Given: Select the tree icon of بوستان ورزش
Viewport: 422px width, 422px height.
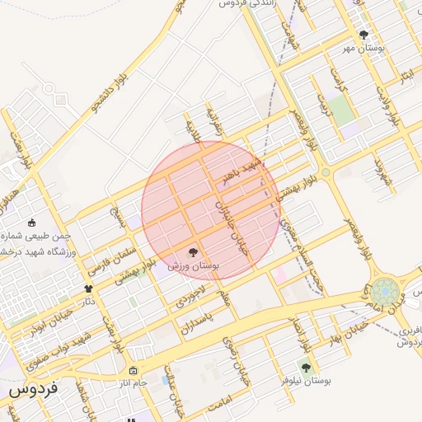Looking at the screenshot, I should (x=193, y=252).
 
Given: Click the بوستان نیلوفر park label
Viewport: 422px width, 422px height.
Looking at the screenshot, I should (x=305, y=381).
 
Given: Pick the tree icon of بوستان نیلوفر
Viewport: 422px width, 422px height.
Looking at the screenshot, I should (x=306, y=368).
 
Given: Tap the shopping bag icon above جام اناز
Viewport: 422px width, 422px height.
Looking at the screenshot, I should (x=134, y=370).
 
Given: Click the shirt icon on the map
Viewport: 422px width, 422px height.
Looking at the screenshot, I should (x=88, y=288).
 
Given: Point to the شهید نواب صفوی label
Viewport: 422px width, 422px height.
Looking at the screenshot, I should (x=82, y=345).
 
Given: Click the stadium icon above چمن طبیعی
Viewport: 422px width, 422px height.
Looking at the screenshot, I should (x=31, y=222).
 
